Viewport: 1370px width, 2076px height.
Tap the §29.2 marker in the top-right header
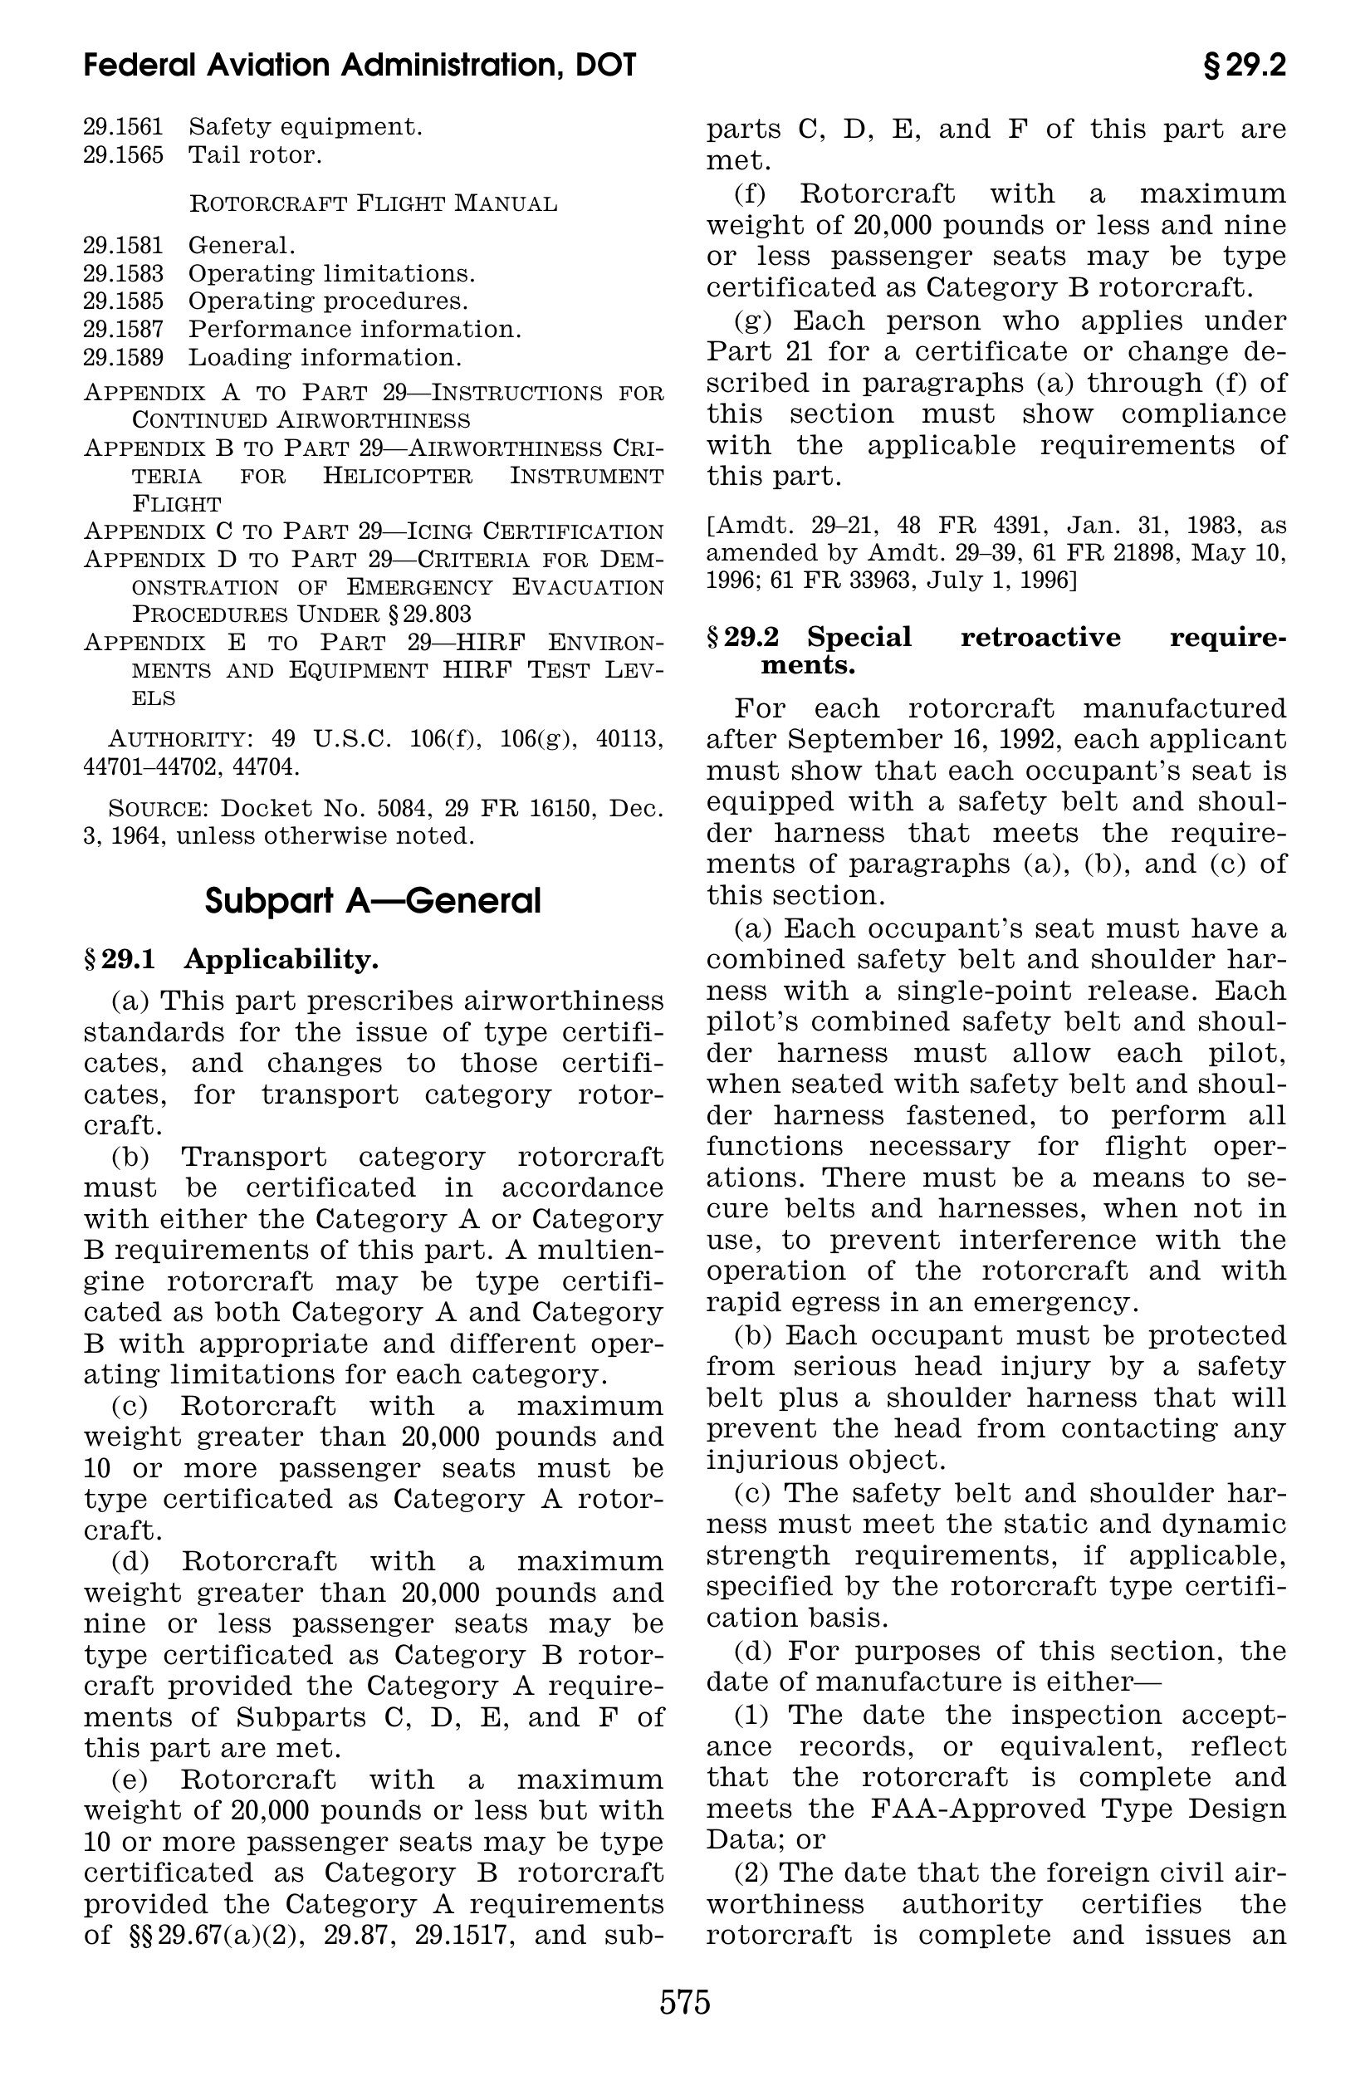(x=1244, y=66)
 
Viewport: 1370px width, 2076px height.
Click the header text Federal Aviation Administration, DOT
(x=360, y=66)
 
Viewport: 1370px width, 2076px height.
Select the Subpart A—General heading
(x=373, y=901)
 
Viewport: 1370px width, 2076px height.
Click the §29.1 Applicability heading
(x=232, y=959)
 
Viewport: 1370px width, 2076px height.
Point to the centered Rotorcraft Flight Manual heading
(x=373, y=203)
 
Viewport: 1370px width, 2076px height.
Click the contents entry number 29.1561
(x=123, y=128)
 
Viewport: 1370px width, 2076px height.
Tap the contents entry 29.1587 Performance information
(x=302, y=330)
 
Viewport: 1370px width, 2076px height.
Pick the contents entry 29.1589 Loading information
(x=272, y=357)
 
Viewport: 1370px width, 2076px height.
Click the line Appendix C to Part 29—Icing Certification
(x=373, y=531)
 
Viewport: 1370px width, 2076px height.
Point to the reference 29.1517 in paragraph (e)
(x=463, y=1935)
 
